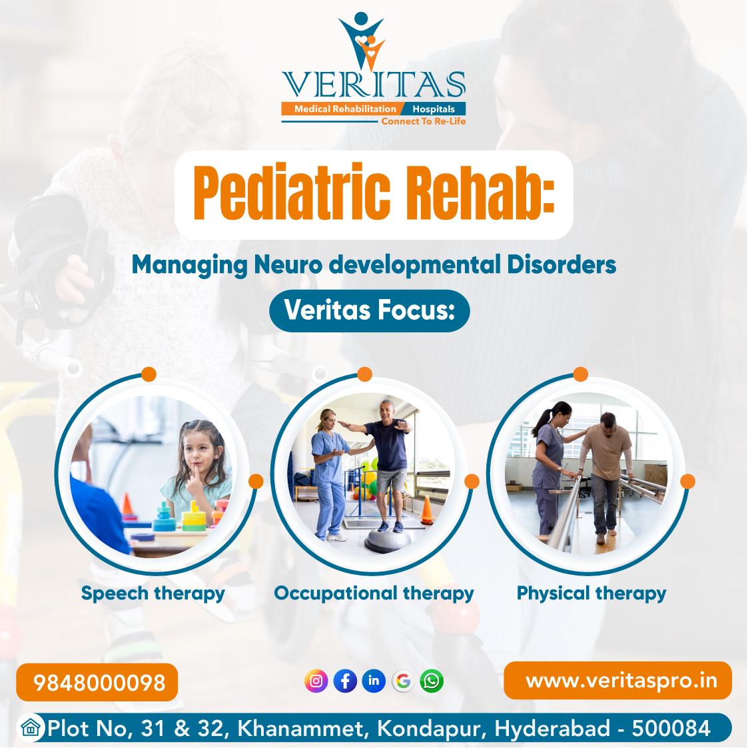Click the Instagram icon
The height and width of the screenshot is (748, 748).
tap(316, 681)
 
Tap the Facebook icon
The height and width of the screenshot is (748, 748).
tap(345, 681)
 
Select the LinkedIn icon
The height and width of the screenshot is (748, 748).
tap(374, 681)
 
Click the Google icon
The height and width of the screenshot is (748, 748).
tap(402, 681)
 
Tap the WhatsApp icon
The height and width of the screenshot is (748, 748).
tap(432, 681)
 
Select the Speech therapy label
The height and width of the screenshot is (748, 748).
tap(153, 593)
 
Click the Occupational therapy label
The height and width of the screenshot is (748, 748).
tap(374, 593)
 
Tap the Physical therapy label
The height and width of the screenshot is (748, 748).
tap(591, 593)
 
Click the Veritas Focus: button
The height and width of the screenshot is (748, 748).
tap(369, 310)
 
